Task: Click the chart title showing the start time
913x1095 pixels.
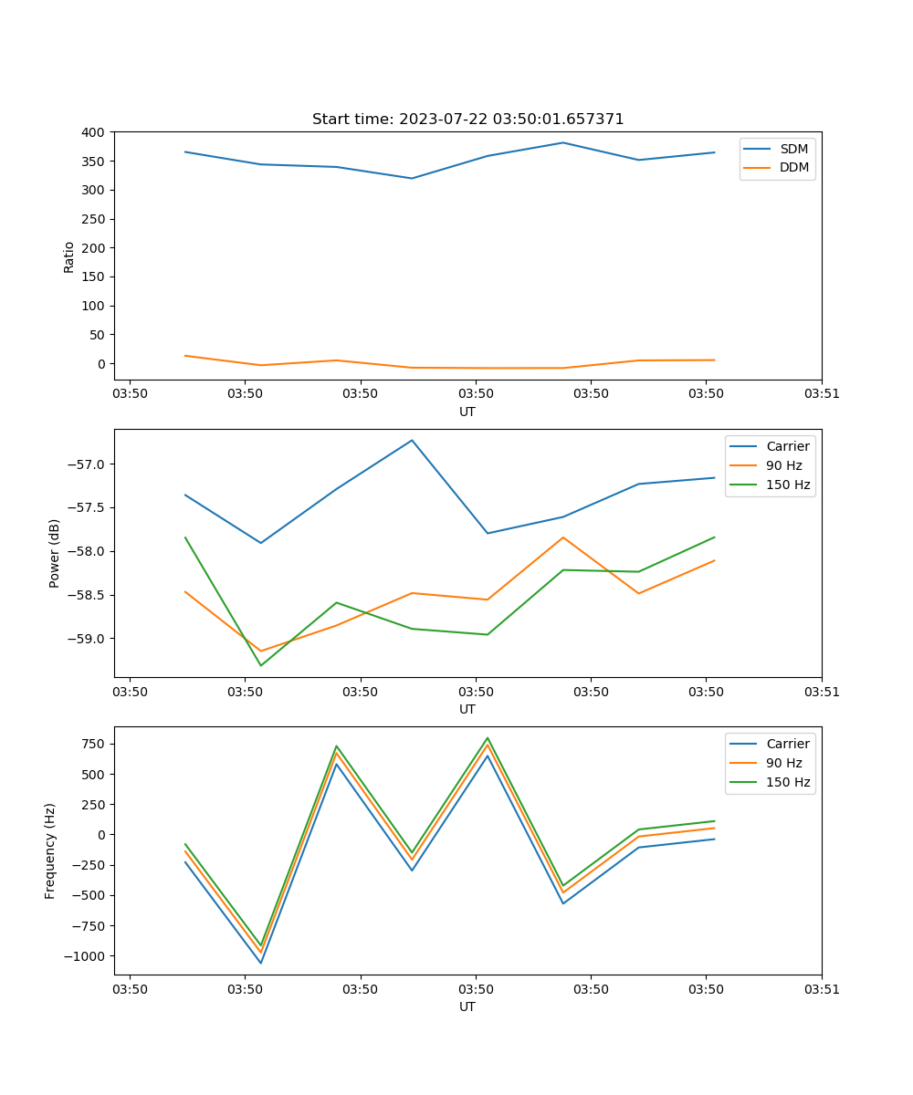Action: coord(467,120)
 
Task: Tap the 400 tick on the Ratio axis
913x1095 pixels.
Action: coord(93,132)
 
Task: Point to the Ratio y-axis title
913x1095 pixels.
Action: coord(69,256)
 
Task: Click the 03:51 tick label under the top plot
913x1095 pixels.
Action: coord(821,393)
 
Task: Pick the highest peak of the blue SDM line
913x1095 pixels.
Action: coord(563,142)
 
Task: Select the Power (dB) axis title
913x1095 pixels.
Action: coord(55,553)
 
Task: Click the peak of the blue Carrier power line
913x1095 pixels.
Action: coord(412,440)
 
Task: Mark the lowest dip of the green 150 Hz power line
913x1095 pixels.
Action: coord(261,665)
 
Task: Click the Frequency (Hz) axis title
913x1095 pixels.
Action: coord(51,850)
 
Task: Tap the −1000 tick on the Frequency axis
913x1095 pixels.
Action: coord(83,956)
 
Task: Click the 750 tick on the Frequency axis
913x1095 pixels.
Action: coord(93,744)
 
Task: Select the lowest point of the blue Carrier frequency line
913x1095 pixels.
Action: coord(261,963)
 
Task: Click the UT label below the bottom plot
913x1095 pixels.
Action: coord(467,1006)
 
